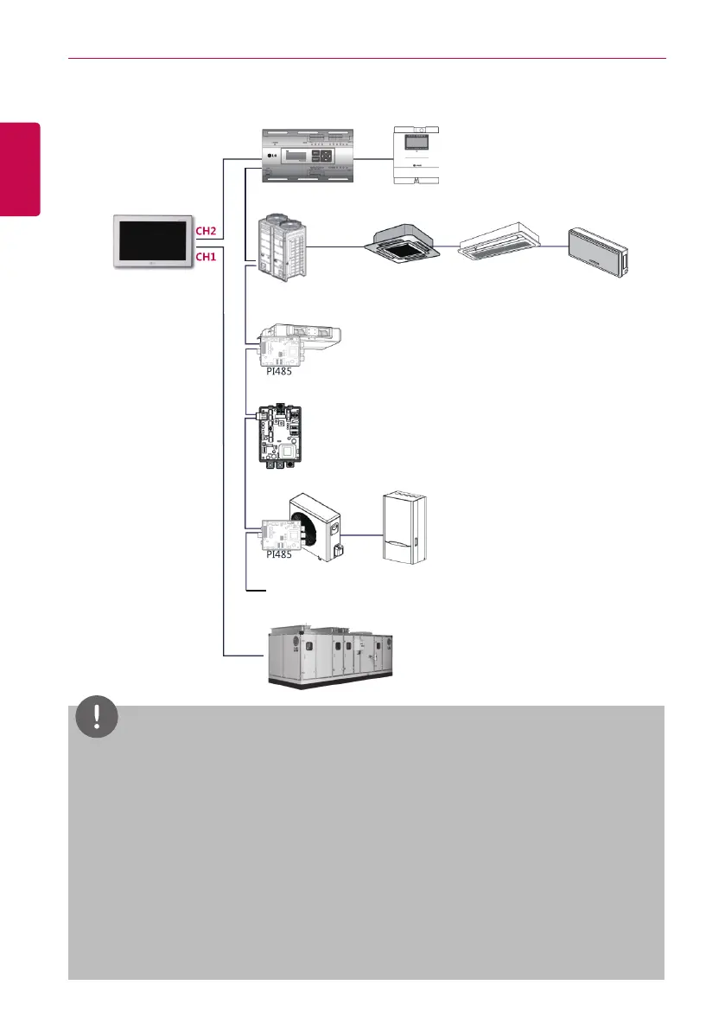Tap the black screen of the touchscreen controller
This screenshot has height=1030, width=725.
coord(151,243)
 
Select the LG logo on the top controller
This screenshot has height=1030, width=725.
coord(276,157)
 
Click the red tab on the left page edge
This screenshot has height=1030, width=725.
coord(20,169)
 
